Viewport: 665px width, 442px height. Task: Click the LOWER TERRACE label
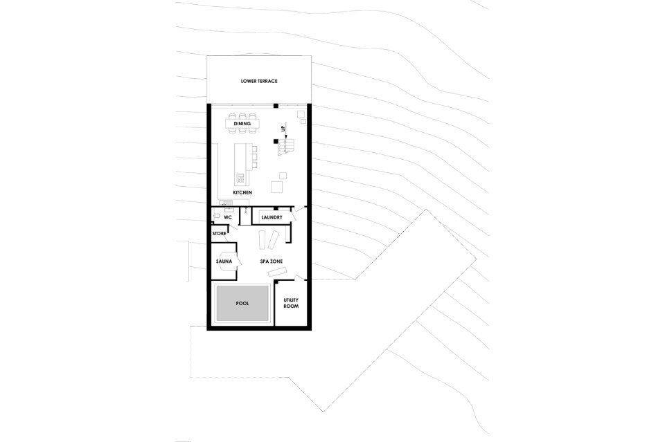(x=259, y=81)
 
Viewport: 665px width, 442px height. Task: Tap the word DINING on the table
(x=242, y=124)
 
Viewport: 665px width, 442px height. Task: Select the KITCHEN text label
(x=242, y=192)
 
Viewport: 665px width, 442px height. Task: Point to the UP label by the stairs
(x=283, y=128)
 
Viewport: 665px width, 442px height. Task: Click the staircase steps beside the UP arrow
(x=286, y=146)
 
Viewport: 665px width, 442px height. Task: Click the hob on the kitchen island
(x=240, y=178)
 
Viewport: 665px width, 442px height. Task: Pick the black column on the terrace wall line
(x=276, y=105)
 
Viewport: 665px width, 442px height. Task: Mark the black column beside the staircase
(x=276, y=141)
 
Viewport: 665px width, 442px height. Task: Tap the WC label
(x=228, y=218)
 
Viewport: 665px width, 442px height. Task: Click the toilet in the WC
(x=216, y=217)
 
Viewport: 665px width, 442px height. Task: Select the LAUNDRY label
(x=272, y=218)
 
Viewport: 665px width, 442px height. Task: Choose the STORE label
(x=220, y=234)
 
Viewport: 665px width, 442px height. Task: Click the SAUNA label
(x=224, y=261)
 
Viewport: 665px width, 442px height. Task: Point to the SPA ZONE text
(x=272, y=261)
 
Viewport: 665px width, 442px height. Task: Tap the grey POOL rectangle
(x=242, y=303)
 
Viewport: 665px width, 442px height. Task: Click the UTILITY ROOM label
(x=291, y=303)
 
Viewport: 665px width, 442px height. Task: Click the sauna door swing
(x=238, y=260)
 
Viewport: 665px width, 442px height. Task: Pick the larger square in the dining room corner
(x=301, y=114)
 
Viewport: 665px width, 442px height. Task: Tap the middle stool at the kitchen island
(x=254, y=156)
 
